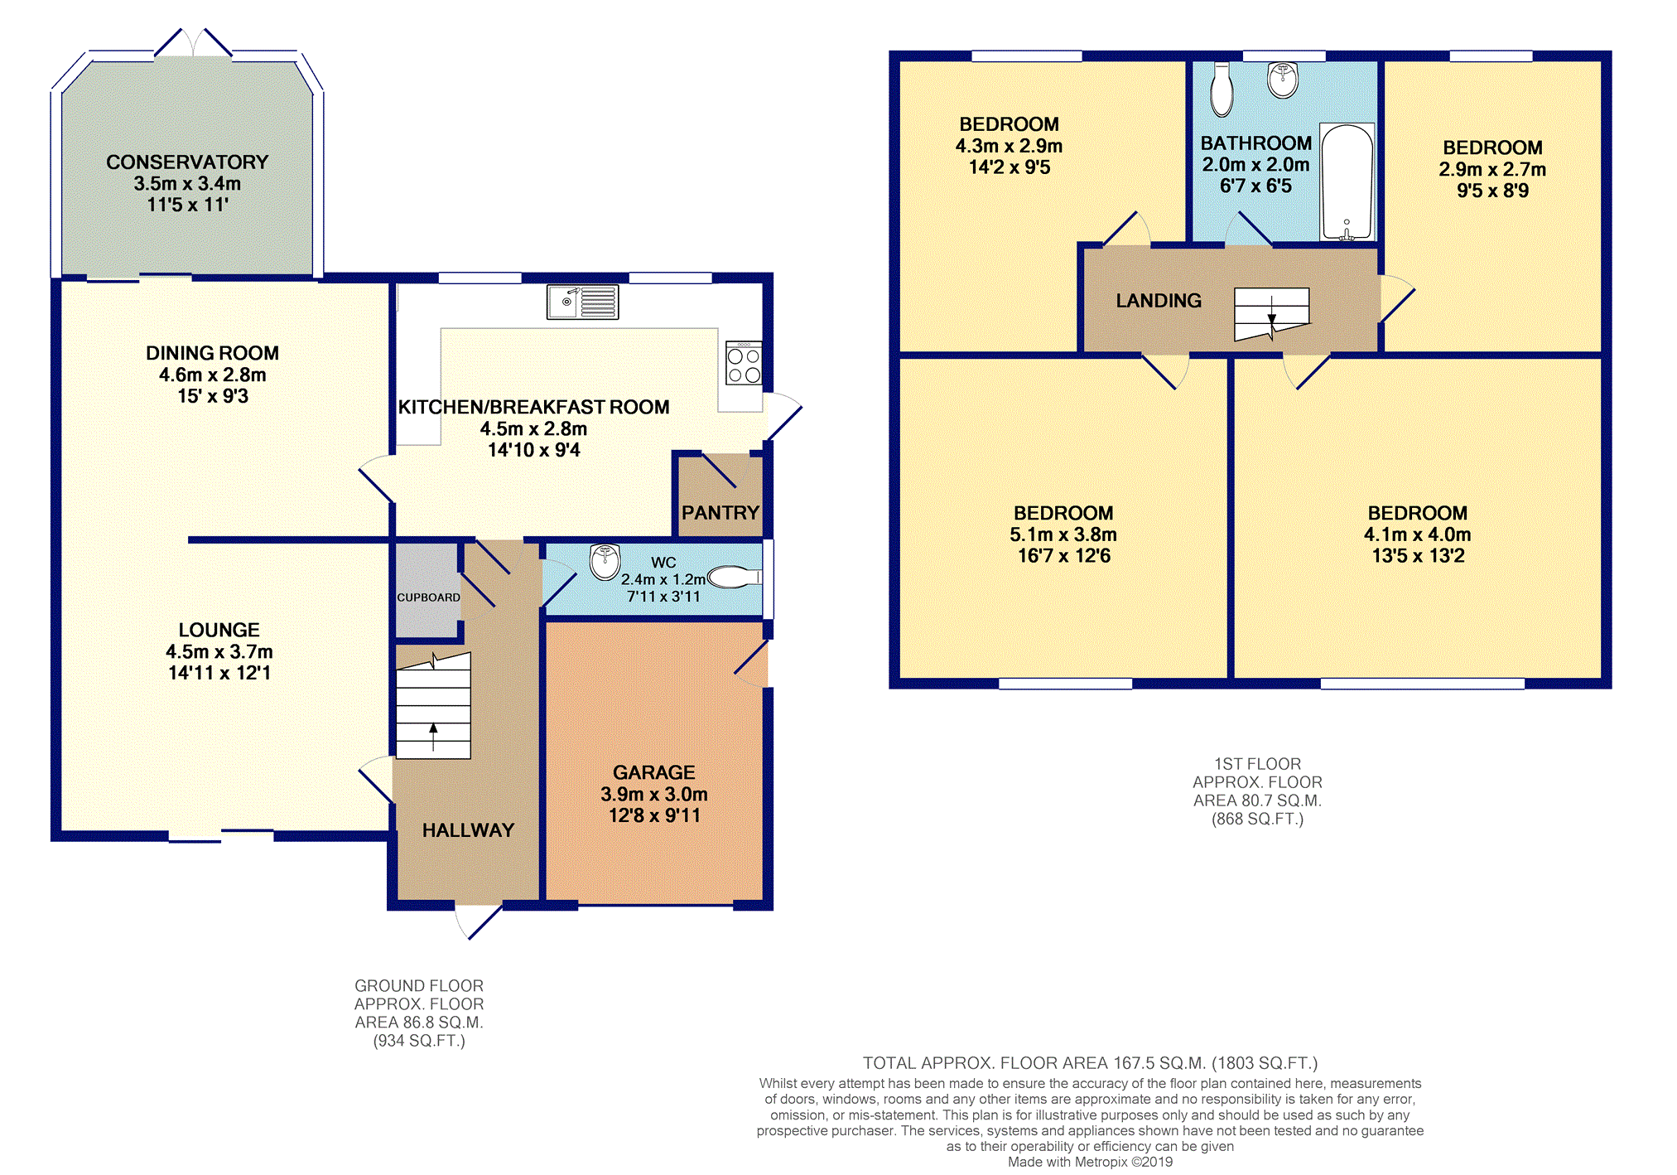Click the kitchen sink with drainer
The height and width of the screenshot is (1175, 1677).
pyautogui.click(x=582, y=302)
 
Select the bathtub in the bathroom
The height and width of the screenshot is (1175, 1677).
pyautogui.click(x=1347, y=181)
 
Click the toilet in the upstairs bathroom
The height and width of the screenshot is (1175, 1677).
pyautogui.click(x=1222, y=91)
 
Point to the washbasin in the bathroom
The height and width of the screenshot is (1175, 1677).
pyautogui.click(x=1283, y=80)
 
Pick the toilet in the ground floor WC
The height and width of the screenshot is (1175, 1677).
pyautogui.click(x=733, y=576)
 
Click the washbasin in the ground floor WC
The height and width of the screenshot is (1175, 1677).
pyautogui.click(x=605, y=561)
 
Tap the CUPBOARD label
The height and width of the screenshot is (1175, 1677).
pyautogui.click(x=428, y=597)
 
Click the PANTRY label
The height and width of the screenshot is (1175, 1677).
pyautogui.click(x=720, y=513)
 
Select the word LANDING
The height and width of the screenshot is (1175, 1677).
pyautogui.click(x=1158, y=301)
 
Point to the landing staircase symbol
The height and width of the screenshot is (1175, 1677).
pyautogui.click(x=1271, y=313)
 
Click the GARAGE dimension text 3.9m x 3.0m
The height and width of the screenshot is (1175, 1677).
pyautogui.click(x=653, y=794)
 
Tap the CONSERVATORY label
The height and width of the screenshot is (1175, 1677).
pyautogui.click(x=187, y=162)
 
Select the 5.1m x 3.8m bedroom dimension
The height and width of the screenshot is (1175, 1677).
pyautogui.click(x=1063, y=534)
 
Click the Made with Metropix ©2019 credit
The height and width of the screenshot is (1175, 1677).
pyautogui.click(x=1089, y=1162)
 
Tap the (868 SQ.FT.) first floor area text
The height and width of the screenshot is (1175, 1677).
pyautogui.click(x=1256, y=819)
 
